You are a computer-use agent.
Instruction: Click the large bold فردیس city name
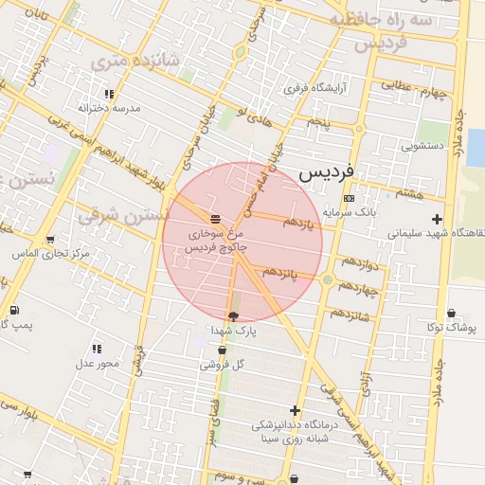point(326,174)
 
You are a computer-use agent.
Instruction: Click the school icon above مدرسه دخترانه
point(110,94)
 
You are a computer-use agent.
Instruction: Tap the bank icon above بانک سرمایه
point(349,198)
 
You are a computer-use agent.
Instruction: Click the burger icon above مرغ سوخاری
point(215,217)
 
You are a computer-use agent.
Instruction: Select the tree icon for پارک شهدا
point(233,315)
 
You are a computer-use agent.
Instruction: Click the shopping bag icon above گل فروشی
point(222,350)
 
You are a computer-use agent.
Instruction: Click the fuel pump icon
point(13,311)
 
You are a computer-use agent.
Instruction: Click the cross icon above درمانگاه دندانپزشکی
point(296,410)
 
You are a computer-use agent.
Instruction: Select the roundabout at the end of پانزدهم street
point(327,279)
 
